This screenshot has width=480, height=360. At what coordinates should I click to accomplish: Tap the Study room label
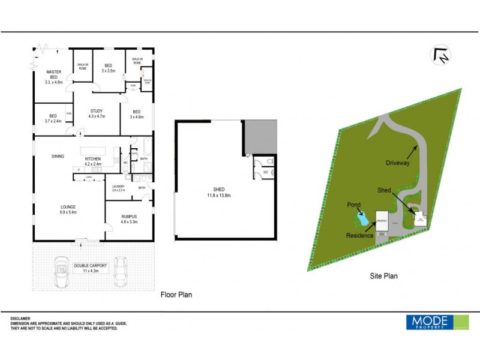point(97,113)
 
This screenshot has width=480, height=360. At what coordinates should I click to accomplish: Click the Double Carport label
point(91,268)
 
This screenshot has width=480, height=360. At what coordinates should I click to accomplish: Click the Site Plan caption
point(383,277)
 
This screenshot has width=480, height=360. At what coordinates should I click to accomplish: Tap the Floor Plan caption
point(176,295)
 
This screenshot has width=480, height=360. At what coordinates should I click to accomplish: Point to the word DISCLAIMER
point(20,319)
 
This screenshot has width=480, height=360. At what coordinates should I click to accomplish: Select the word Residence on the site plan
point(360,236)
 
